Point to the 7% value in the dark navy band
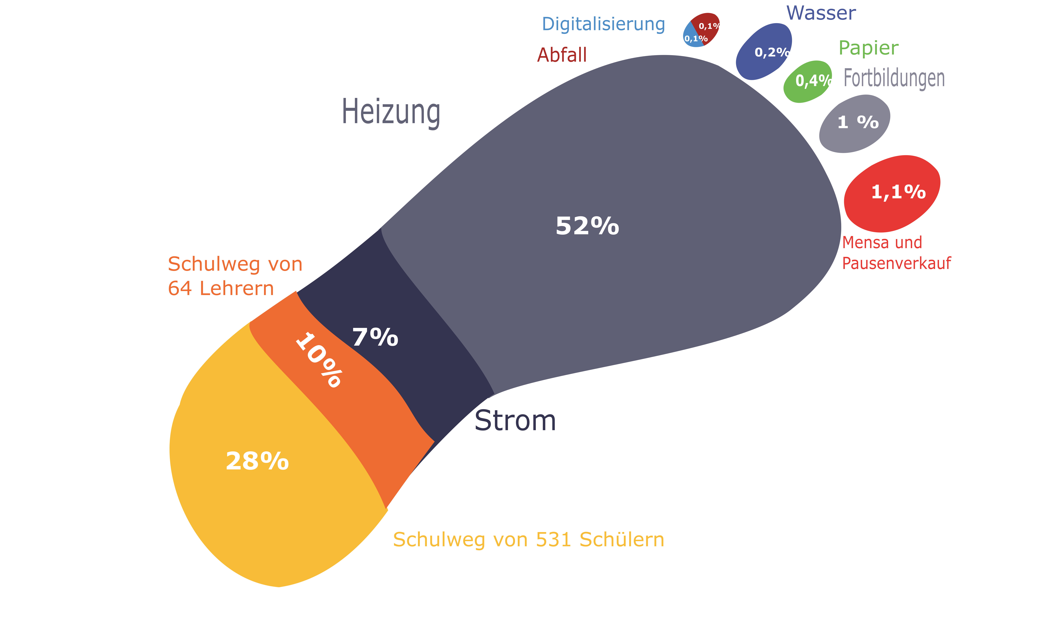point(375,337)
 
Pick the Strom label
point(515,421)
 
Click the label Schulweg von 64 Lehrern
point(235,276)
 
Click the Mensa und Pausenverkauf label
point(896,253)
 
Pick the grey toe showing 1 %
point(854,124)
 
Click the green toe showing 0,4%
point(807,82)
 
